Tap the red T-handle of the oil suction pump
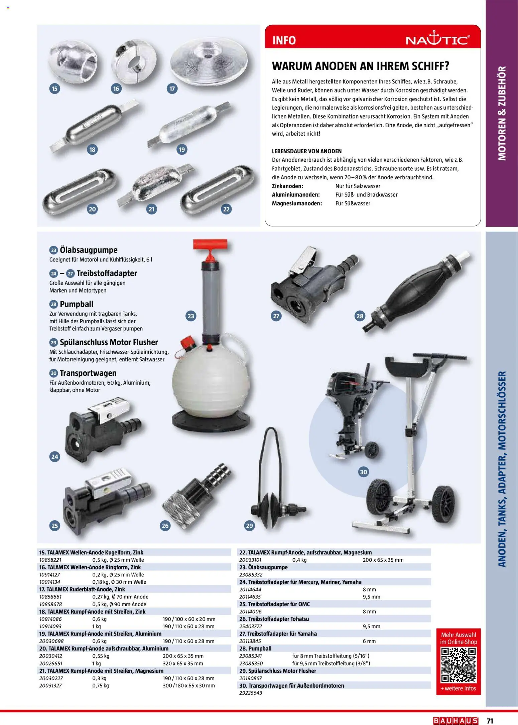click(210, 244)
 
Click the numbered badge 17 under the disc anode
click(172, 88)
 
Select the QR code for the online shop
click(458, 665)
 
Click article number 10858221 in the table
click(50, 560)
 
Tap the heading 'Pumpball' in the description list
click(76, 304)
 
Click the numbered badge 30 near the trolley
click(363, 472)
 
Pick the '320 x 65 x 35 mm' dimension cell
click(183, 664)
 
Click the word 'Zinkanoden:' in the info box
click(287, 186)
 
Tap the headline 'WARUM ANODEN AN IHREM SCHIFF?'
click(360, 66)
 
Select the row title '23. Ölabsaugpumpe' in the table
click(263, 567)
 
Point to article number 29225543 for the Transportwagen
click(251, 693)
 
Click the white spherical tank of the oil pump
click(211, 381)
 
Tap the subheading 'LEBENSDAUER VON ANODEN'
click(306, 151)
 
